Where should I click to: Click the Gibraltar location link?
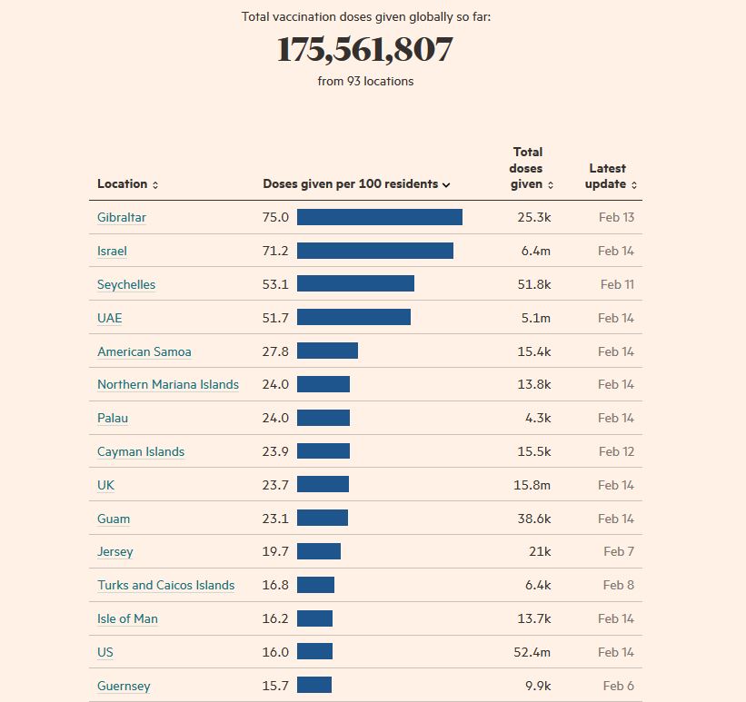pos(122,218)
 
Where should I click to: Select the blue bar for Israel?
pos(374,251)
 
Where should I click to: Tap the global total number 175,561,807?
pos(364,50)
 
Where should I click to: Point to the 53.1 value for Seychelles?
pos(275,284)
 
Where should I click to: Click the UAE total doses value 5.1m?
pos(535,318)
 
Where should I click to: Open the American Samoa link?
pos(144,351)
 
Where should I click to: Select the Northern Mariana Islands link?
pos(168,385)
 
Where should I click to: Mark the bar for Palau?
pos(323,419)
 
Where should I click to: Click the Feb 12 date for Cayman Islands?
pos(616,452)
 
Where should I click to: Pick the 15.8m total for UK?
pos(532,485)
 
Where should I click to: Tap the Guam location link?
pos(114,519)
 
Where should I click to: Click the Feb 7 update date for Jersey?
pos(619,552)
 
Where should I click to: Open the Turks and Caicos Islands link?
pos(166,586)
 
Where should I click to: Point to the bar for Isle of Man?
pos(314,619)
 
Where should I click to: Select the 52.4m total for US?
pos(532,652)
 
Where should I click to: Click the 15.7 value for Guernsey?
pos(275,686)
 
